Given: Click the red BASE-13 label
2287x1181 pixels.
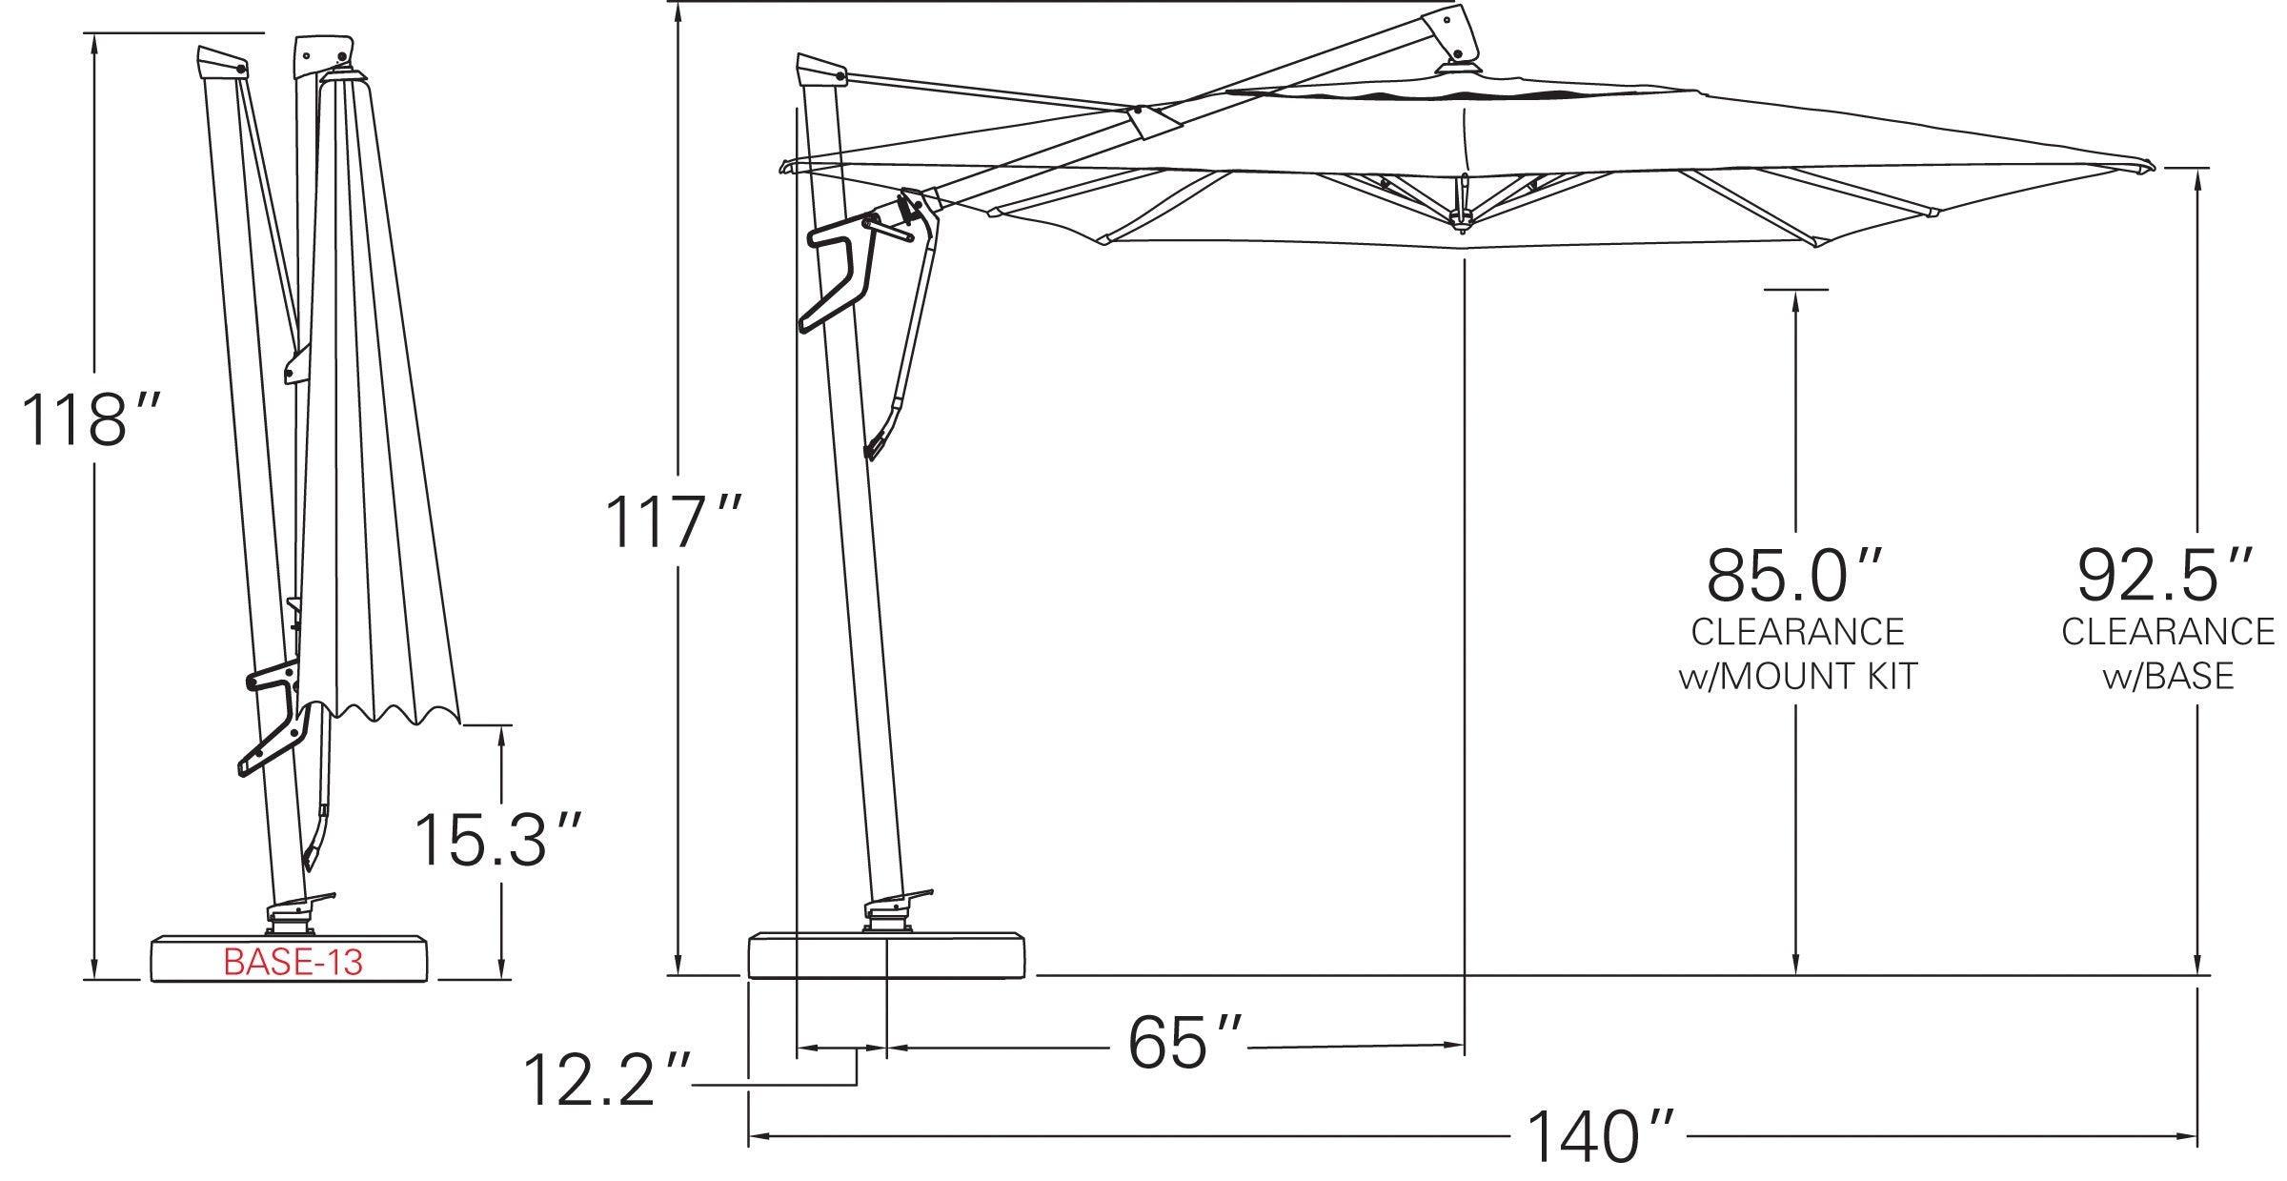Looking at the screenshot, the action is (x=293, y=962).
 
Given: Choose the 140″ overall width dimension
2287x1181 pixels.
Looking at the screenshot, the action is (x=1600, y=1136).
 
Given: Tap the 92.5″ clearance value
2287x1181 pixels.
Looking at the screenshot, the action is (x=2165, y=575).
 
